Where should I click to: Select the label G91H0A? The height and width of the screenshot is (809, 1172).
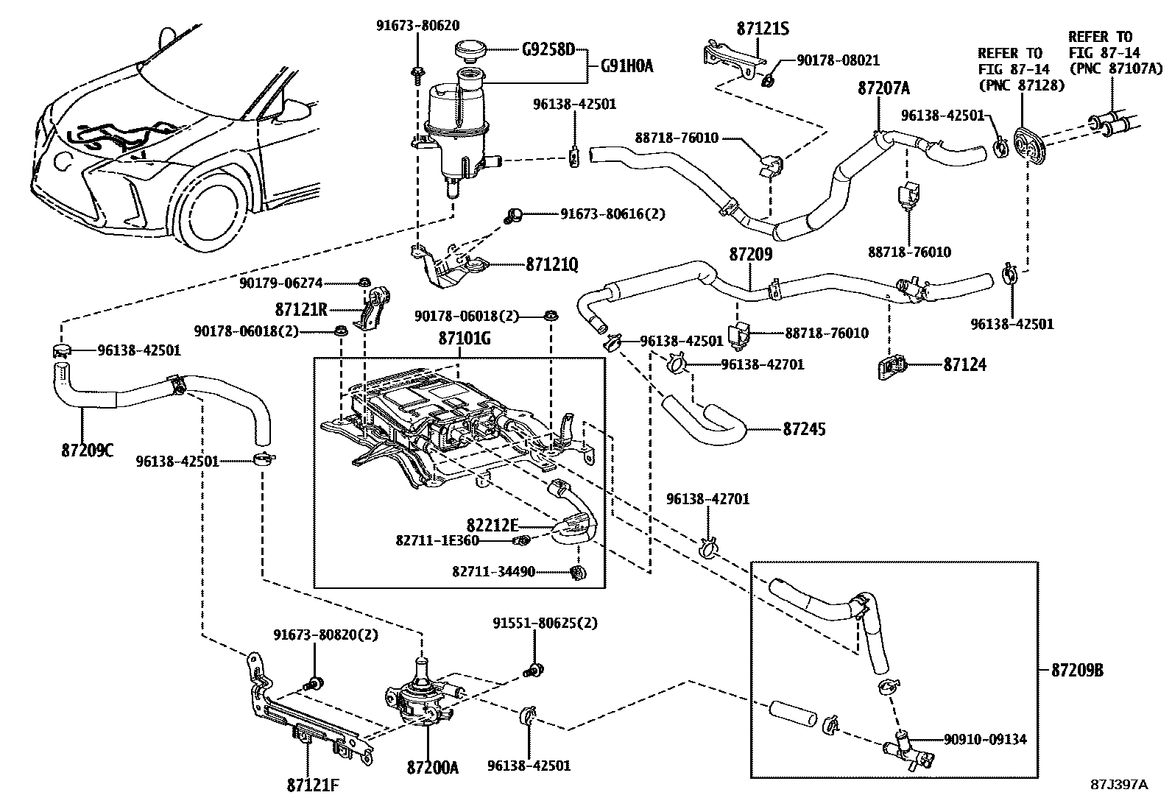pos(626,66)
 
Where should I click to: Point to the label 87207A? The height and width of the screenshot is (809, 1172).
pos(883,88)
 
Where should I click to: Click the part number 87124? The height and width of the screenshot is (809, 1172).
pos(965,364)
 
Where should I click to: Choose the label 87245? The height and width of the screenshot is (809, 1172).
pos(804,428)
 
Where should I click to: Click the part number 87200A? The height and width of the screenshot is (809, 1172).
pos(432,768)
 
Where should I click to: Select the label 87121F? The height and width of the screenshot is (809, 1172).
pos(313,785)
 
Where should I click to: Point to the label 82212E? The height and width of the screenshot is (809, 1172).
pos(493,525)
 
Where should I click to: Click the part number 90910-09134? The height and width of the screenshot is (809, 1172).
pos(985,739)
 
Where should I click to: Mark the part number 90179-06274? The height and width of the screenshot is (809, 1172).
pos(280,283)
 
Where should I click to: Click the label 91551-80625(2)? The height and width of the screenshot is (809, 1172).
pos(545,623)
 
